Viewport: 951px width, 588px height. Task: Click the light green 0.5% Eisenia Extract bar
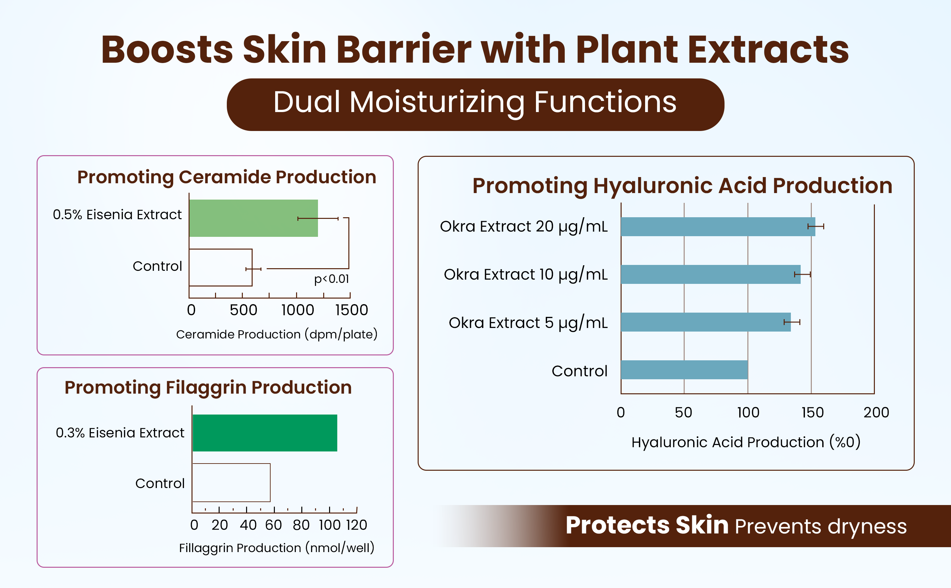[254, 218]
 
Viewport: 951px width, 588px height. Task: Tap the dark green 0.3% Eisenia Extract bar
[265, 433]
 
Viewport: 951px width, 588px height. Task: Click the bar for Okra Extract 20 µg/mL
[718, 227]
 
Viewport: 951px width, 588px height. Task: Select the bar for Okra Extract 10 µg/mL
[710, 274]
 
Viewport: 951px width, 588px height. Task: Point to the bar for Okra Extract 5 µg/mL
[706, 322]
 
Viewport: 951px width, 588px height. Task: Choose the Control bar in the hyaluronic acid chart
[684, 370]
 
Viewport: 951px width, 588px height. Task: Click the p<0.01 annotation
[331, 279]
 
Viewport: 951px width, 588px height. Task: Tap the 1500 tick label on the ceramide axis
[352, 310]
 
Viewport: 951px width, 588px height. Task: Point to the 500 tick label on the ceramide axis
[243, 310]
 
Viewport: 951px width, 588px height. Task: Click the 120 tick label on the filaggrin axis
[357, 525]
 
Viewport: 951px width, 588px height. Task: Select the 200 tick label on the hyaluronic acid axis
[876, 413]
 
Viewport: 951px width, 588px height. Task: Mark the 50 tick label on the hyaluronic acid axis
[683, 413]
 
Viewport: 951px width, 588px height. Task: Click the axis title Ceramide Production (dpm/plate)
[277, 335]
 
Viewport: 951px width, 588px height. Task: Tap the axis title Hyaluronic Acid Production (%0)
[746, 443]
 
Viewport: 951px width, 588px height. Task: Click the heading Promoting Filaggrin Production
[208, 388]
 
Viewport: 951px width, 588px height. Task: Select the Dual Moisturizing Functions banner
[475, 105]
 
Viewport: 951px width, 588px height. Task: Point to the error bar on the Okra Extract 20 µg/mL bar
[816, 226]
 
